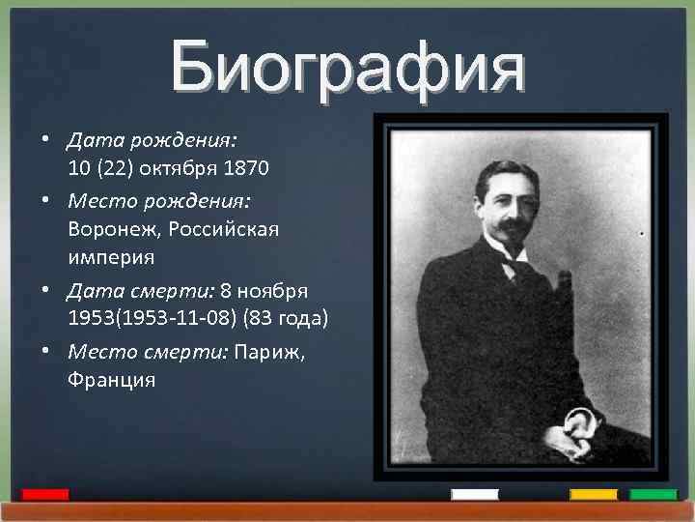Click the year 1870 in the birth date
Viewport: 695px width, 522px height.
246,169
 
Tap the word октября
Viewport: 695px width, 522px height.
182,169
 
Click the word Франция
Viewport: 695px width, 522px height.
111,380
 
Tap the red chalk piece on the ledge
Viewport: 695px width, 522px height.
45,494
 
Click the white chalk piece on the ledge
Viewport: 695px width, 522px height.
475,494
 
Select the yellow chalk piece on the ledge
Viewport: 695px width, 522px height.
594,494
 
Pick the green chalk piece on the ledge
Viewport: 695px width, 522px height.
653,494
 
